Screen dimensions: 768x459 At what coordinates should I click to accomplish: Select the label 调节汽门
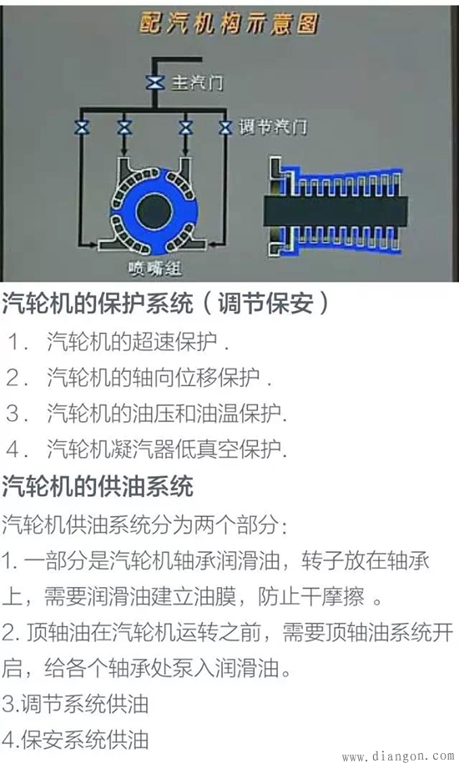click(x=273, y=127)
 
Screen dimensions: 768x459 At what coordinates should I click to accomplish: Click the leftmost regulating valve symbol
click(x=82, y=127)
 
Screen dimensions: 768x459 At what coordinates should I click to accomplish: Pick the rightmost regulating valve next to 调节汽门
click(x=224, y=127)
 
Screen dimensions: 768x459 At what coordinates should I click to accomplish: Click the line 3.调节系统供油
click(x=75, y=704)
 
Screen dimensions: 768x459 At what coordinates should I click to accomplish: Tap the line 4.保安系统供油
click(x=75, y=739)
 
